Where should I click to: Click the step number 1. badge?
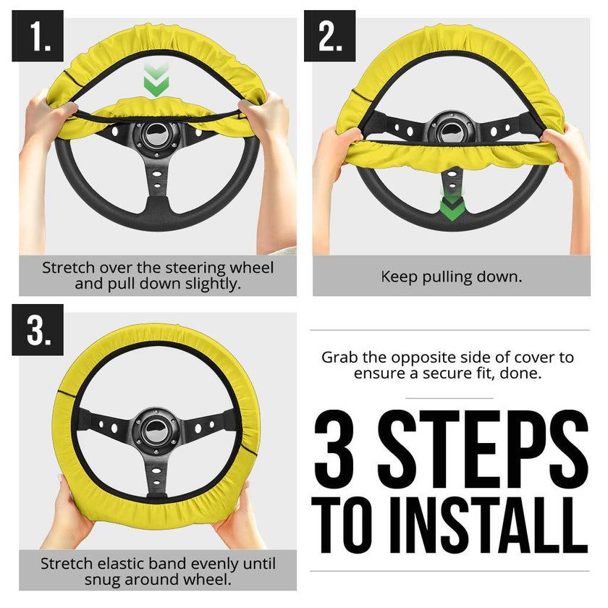pyautogui.click(x=38, y=36)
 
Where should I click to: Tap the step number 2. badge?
pyautogui.click(x=329, y=36)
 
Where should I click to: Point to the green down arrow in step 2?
pyautogui.click(x=452, y=206)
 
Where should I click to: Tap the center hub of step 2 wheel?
pyautogui.click(x=452, y=127)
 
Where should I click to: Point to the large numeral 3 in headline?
pyautogui.click(x=340, y=449)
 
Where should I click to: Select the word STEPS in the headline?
pyautogui.click(x=481, y=449)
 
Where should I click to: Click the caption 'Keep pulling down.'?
pyautogui.click(x=451, y=276)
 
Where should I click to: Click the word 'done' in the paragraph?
pyautogui.click(x=524, y=373)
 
